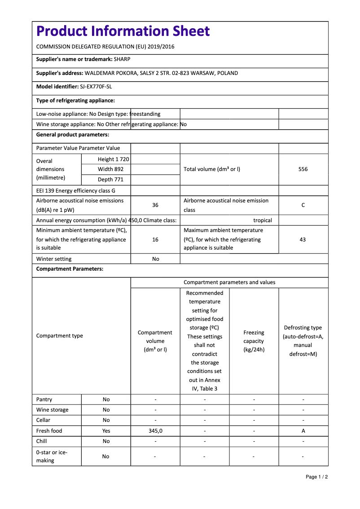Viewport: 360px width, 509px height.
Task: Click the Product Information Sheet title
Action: (x=123, y=31)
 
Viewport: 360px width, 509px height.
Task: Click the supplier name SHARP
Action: (x=122, y=59)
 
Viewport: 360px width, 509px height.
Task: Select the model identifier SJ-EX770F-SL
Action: (x=96, y=87)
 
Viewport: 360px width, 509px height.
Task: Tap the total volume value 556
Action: (x=303, y=169)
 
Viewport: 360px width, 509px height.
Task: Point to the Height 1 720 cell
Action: (x=113, y=159)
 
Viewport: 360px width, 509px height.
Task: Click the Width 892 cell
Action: (x=110, y=169)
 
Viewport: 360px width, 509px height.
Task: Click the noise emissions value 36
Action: (x=155, y=205)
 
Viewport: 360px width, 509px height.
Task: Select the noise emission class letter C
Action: (x=303, y=205)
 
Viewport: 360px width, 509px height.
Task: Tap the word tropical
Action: (x=263, y=220)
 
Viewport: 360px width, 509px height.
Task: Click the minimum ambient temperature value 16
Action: (x=155, y=240)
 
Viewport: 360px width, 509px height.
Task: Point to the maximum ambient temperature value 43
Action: (x=303, y=240)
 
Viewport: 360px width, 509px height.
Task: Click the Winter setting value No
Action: (x=155, y=259)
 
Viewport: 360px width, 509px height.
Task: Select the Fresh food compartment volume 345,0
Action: (x=155, y=431)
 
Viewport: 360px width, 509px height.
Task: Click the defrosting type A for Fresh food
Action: (x=303, y=431)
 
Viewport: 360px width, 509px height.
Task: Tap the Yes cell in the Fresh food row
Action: (x=106, y=431)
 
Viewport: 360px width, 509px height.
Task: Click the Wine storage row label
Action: (x=53, y=410)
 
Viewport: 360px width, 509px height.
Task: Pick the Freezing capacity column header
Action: (x=254, y=341)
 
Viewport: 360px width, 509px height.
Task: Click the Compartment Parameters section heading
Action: (x=70, y=269)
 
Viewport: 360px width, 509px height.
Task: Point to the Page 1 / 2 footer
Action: (x=316, y=477)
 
